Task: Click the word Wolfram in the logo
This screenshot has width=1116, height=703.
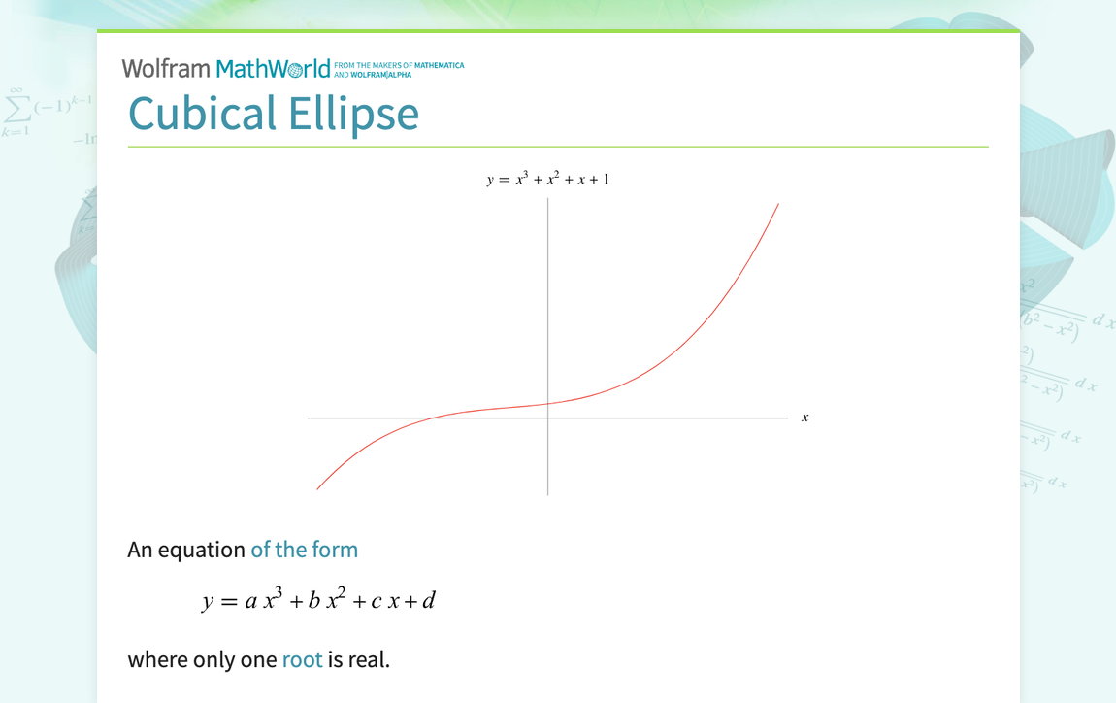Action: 165,69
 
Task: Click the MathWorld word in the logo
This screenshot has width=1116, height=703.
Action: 273,69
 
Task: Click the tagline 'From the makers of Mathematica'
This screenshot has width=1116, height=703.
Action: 399,66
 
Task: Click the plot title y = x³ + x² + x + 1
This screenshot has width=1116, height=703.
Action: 547,180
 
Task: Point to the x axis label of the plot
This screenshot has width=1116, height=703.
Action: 804,418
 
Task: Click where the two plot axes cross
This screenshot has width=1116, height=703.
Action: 548,418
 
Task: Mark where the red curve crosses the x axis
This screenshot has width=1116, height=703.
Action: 428,418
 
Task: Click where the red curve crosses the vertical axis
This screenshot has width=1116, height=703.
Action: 548,404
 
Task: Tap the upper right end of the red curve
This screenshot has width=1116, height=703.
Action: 778,204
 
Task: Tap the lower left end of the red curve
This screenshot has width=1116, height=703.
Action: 317,489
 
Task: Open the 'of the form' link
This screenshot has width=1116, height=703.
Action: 304,550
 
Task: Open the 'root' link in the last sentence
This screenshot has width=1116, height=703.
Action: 302,660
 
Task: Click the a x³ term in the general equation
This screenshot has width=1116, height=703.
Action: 263,600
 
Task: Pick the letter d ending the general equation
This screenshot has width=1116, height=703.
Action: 428,600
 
